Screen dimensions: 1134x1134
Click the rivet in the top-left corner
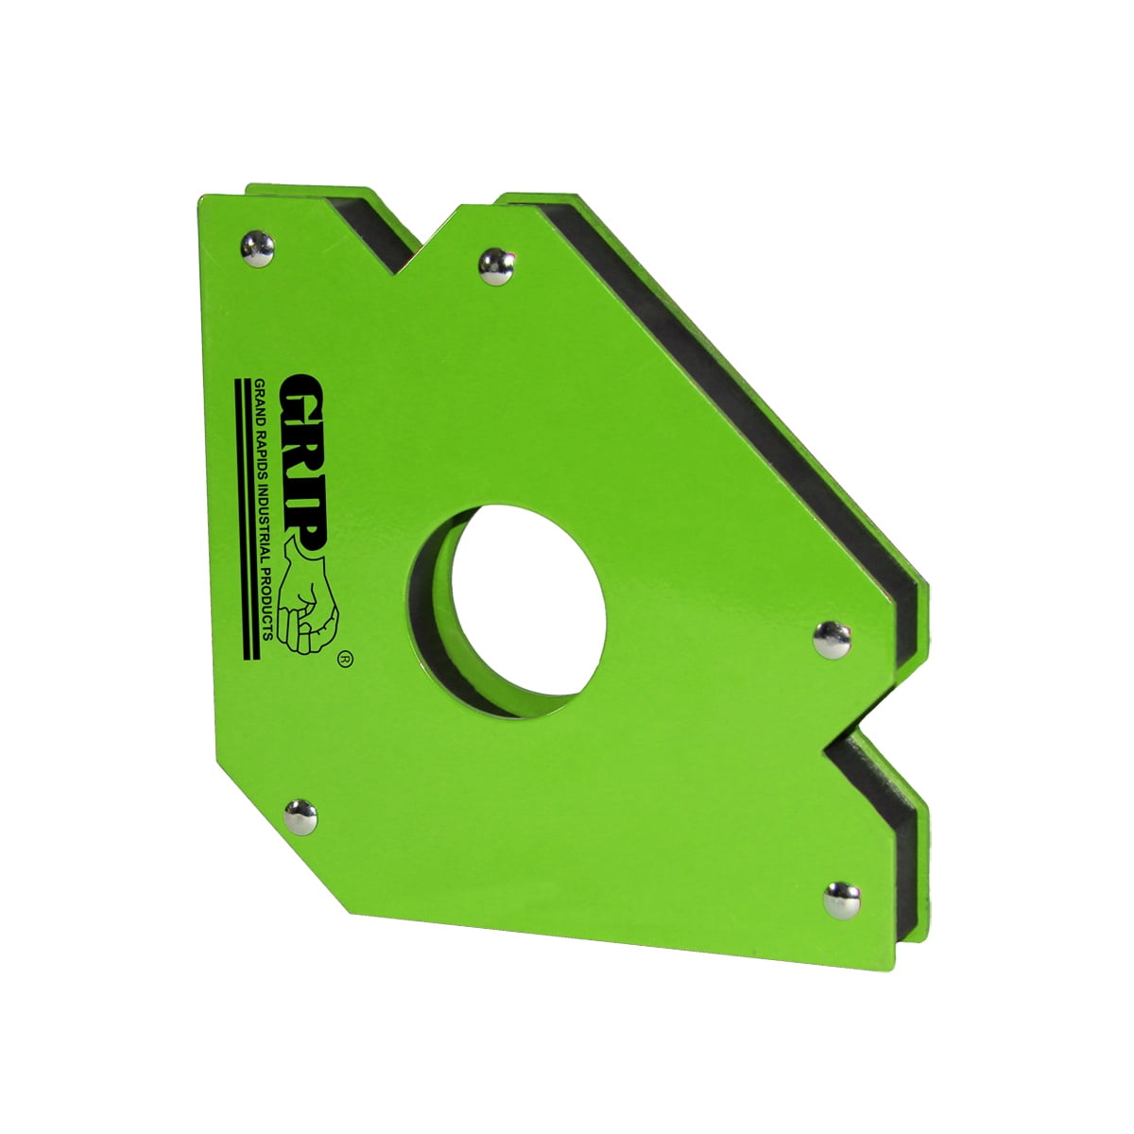point(257,248)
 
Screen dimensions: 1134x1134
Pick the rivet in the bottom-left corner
point(301,816)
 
